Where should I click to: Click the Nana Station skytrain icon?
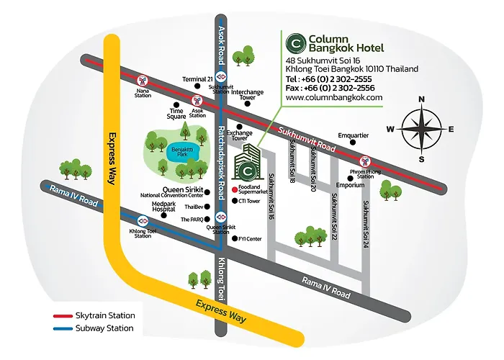click(143, 81)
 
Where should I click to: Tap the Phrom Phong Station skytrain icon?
click(365, 161)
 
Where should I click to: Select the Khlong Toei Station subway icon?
click(143, 221)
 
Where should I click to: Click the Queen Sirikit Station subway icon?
click(221, 217)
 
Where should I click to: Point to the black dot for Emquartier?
click(353, 143)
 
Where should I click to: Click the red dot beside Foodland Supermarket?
click(235, 189)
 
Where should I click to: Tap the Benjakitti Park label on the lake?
click(182, 152)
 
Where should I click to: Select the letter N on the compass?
click(421, 99)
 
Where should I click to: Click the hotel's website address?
click(334, 97)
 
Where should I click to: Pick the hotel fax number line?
click(330, 88)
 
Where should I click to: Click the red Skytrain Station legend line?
click(63, 316)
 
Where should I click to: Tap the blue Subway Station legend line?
click(63, 329)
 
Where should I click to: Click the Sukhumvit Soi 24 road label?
click(366, 225)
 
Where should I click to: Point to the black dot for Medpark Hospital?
click(163, 215)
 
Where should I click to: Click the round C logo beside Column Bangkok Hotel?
click(296, 43)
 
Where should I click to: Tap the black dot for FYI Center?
click(235, 238)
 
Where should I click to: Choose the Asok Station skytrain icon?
click(197, 101)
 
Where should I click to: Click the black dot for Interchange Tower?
click(247, 104)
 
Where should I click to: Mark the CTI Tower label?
click(249, 201)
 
